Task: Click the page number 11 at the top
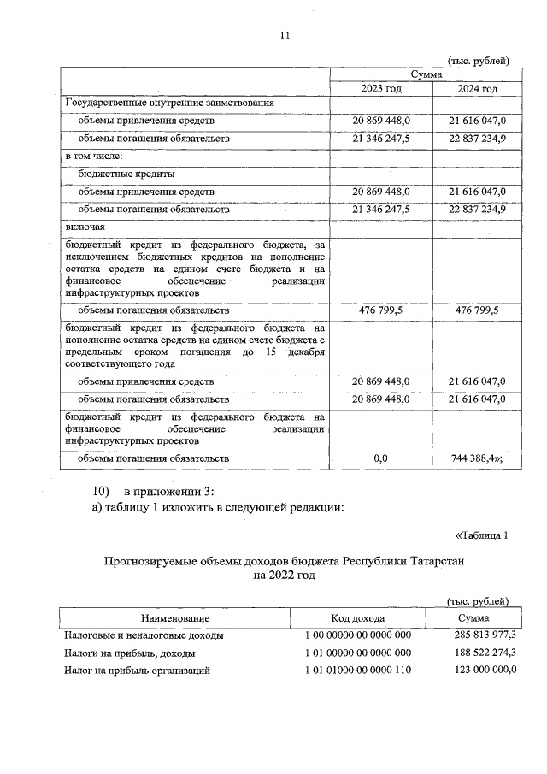pyautogui.click(x=285, y=35)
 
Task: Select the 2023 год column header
pyautogui.click(x=381, y=89)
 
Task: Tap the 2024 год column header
pyautogui.click(x=476, y=89)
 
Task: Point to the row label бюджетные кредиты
pyautogui.click(x=120, y=174)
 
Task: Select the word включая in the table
pyautogui.click(x=85, y=227)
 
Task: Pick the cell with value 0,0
pyautogui.click(x=381, y=458)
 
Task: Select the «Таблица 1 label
pyautogui.click(x=480, y=536)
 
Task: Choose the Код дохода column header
pyautogui.click(x=357, y=617)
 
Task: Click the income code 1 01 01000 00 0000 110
pyautogui.click(x=357, y=671)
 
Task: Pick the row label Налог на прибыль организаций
pyautogui.click(x=137, y=671)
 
